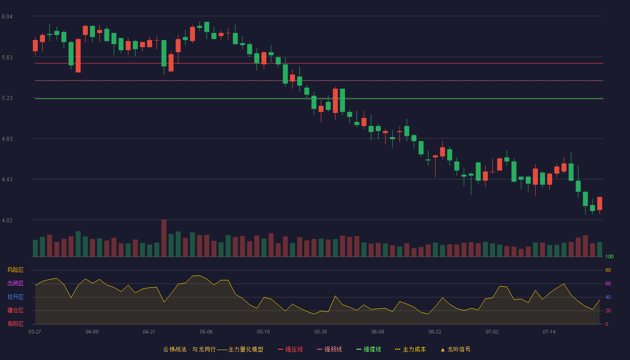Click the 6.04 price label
pyautogui.click(x=7, y=17)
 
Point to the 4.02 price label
pyautogui.click(x=7, y=220)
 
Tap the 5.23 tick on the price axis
pyautogui.click(x=7, y=98)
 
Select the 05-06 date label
pyautogui.click(x=206, y=332)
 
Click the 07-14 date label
pyautogui.click(x=549, y=332)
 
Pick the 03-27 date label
pyautogui.click(x=35, y=332)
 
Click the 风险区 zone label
pyautogui.click(x=15, y=270)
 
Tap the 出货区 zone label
pyautogui.click(x=15, y=283)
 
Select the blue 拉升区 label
pyautogui.click(x=15, y=297)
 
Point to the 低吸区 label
pyautogui.click(x=15, y=324)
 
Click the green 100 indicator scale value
pyautogui.click(x=609, y=256)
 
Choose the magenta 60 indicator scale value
pyautogui.click(x=608, y=283)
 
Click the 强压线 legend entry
pyautogui.click(x=290, y=349)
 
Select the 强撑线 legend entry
pyautogui.click(x=369, y=349)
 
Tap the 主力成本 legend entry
pyautogui.click(x=410, y=349)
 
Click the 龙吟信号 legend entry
pyautogui.click(x=455, y=349)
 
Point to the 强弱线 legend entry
pyautogui.click(x=329, y=349)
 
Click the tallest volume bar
pyautogui.click(x=164, y=238)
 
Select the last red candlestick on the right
pyautogui.click(x=599, y=203)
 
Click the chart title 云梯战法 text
pyautogui.click(x=175, y=349)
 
